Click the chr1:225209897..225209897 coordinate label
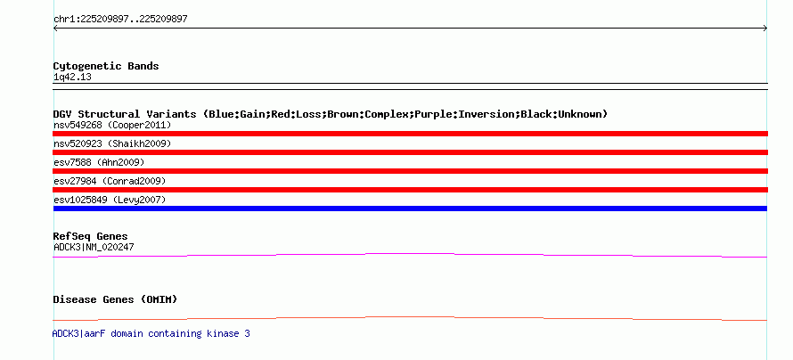tap(120, 20)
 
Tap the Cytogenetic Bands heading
tap(106, 66)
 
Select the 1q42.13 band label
tap(72, 78)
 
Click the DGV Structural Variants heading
tap(330, 114)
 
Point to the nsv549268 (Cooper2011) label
tap(112, 125)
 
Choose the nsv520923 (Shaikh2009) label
tap(112, 143)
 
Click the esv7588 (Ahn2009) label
tap(99, 162)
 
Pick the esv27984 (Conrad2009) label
tap(110, 181)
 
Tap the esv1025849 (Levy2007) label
tap(110, 200)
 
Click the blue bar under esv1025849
tap(410, 209)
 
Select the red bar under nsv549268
tap(410, 134)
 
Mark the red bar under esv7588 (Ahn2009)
tap(410, 171)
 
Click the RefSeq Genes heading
tap(91, 237)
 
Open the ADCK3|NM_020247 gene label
tap(94, 247)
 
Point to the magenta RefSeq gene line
tap(410, 253)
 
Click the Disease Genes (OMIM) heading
tap(115, 299)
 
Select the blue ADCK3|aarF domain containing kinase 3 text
tap(151, 333)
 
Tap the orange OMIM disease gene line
tap(410, 317)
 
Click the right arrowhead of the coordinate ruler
tap(766, 29)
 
